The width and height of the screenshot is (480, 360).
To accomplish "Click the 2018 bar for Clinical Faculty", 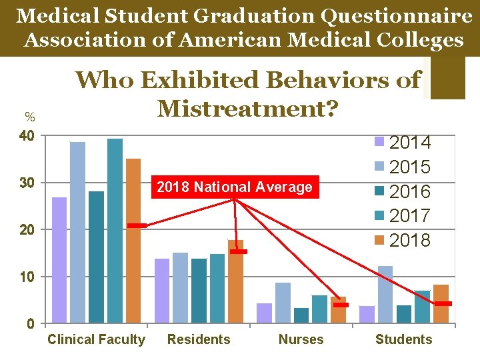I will [133, 240].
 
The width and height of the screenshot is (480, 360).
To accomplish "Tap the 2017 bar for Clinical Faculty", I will [115, 231].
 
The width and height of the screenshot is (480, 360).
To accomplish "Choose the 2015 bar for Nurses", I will [283, 303].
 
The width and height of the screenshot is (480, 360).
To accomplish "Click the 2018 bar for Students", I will [441, 304].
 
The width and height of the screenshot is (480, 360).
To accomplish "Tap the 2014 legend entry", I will [403, 143].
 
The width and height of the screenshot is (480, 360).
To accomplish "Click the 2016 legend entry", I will [403, 191].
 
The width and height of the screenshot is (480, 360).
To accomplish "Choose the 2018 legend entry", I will [403, 240].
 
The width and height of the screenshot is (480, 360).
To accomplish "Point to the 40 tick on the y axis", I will [27, 136].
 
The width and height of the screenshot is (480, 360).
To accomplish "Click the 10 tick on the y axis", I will [27, 277].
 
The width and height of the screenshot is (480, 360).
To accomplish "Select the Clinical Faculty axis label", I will [96, 339].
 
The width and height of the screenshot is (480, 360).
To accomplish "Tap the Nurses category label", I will [301, 339].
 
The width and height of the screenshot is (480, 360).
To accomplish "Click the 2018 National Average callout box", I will [234, 187].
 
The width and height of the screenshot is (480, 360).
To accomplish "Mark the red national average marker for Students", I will [443, 304].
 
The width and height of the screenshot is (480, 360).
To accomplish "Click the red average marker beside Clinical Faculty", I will [137, 226].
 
